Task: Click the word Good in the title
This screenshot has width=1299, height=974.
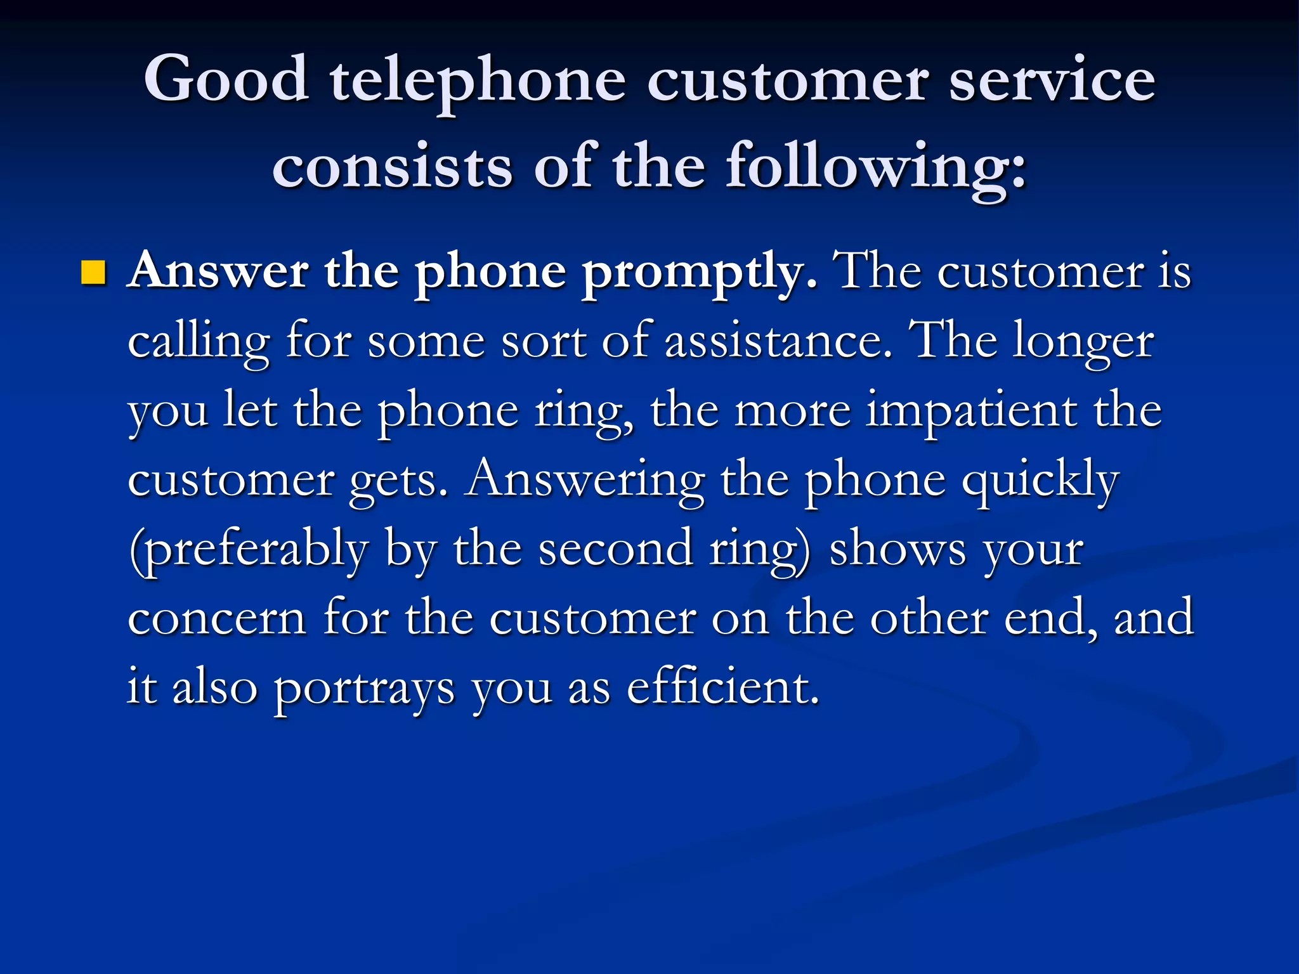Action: pyautogui.click(x=226, y=79)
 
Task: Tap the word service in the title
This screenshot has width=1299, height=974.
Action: pyautogui.click(x=1052, y=79)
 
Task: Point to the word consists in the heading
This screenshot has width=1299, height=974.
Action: pyautogui.click(x=392, y=166)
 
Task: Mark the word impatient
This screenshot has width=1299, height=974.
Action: pyautogui.click(x=971, y=410)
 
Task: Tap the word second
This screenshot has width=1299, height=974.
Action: pyautogui.click(x=615, y=549)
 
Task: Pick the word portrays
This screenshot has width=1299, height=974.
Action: pyautogui.click(x=364, y=689)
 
